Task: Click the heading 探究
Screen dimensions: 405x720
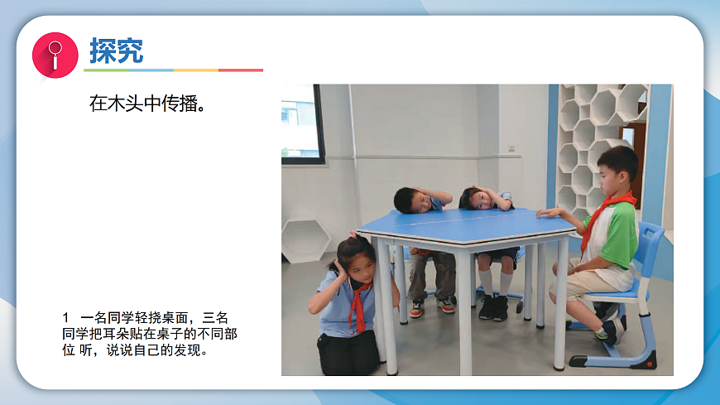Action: tap(116, 51)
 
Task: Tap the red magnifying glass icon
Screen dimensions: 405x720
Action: tap(55, 54)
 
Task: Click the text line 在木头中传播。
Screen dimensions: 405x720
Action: tap(147, 104)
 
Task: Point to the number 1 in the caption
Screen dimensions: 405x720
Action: tap(65, 318)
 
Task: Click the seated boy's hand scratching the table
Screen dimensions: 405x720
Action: tap(546, 213)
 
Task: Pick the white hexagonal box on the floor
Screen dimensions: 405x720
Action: tap(305, 240)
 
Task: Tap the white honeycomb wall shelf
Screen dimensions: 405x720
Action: tap(598, 133)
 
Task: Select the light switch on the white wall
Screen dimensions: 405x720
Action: tap(511, 148)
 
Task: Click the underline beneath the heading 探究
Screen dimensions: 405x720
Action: tap(174, 70)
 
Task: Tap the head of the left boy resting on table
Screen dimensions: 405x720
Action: tap(410, 199)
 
